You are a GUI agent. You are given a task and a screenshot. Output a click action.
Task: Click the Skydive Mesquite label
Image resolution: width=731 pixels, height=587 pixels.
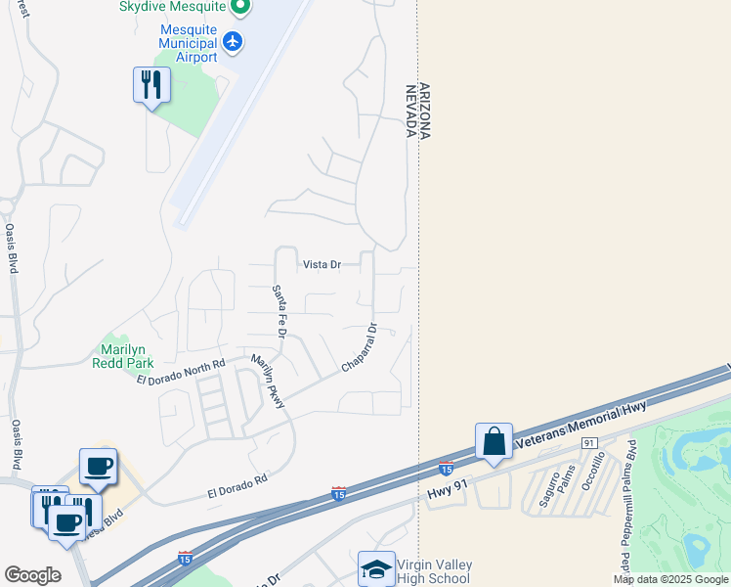pos(176,7)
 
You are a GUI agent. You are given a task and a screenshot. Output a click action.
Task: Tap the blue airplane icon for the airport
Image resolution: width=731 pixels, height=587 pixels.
pos(233,41)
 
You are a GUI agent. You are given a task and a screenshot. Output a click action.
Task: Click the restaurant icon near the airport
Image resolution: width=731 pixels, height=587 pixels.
pos(151,85)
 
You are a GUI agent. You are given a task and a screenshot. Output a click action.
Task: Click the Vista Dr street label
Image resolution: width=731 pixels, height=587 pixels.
pos(322,265)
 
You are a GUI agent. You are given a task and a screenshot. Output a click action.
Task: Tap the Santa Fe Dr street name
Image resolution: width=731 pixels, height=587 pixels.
pos(279,310)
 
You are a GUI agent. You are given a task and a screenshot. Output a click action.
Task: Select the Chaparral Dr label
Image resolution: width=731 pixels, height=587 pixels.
pos(359,348)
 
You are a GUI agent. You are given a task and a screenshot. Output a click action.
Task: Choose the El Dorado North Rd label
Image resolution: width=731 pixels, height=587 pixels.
pos(181,372)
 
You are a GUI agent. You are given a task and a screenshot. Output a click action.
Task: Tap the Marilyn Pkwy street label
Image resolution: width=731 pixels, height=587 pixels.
pos(267,383)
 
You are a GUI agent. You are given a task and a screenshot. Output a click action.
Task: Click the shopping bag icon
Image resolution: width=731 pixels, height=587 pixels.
pos(494,441)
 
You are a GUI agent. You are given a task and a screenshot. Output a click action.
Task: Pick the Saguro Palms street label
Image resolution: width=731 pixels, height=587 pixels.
pos(555,488)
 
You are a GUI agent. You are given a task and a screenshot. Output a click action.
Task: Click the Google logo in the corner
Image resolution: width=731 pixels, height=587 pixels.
pos(33,575)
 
